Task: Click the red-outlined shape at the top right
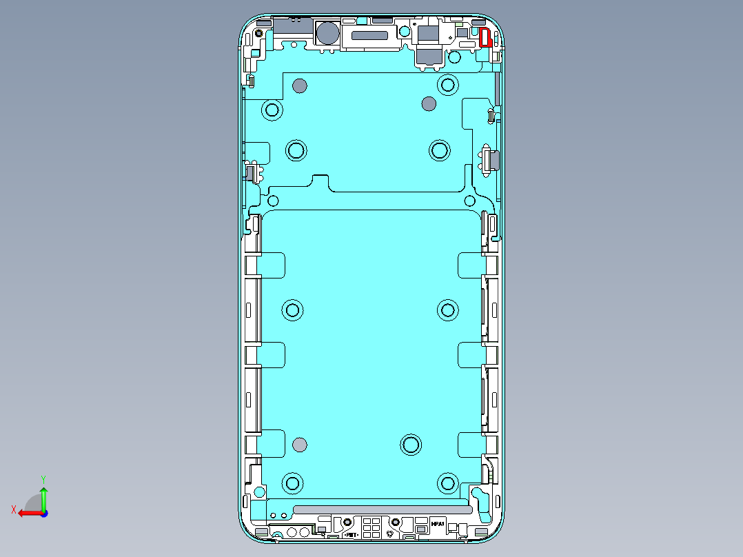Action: pyautogui.click(x=485, y=37)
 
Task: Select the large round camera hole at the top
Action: pyautogui.click(x=327, y=32)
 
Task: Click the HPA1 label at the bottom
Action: pyautogui.click(x=438, y=525)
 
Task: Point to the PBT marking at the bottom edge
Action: pyautogui.click(x=350, y=534)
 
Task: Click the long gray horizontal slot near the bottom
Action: pyautogui.click(x=383, y=509)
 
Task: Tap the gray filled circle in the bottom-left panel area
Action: pyautogui.click(x=299, y=445)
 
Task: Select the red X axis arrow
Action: pyautogui.click(x=28, y=513)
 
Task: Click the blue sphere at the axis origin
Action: pyautogui.click(x=43, y=513)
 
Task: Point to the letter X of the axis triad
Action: pyautogui.click(x=13, y=509)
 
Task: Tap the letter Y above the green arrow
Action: pyautogui.click(x=43, y=478)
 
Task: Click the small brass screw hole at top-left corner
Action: pyautogui.click(x=258, y=33)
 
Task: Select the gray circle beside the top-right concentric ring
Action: pyautogui.click(x=429, y=104)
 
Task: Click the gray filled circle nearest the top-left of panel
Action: pyautogui.click(x=299, y=85)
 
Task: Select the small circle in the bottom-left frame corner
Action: pyautogui.click(x=259, y=492)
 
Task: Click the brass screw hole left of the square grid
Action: pyautogui.click(x=348, y=522)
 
